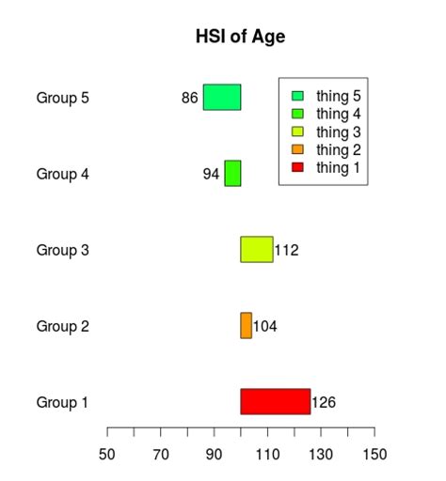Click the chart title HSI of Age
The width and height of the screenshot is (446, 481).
pos(240,38)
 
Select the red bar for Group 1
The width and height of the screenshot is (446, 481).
pos(275,401)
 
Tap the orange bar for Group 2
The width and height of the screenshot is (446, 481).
pos(246,325)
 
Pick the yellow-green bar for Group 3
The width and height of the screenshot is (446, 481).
pos(256,249)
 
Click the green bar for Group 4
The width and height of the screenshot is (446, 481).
pos(232,173)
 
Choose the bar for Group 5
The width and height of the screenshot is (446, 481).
pos(221,97)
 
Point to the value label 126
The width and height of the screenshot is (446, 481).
pos(324,402)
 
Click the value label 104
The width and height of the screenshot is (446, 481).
pos(264,326)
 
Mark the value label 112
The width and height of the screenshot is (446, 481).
pos(286,250)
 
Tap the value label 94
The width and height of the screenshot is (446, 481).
pos(211,174)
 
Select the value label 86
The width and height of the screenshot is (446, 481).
pos(189,98)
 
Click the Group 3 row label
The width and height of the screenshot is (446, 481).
pos(62,250)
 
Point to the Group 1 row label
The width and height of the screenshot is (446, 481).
pos(62,402)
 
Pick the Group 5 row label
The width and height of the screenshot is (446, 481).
pos(62,98)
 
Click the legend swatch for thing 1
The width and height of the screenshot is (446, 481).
pos(298,167)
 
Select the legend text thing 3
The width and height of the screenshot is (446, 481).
pos(339,132)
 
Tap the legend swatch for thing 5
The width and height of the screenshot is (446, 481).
pos(298,96)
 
